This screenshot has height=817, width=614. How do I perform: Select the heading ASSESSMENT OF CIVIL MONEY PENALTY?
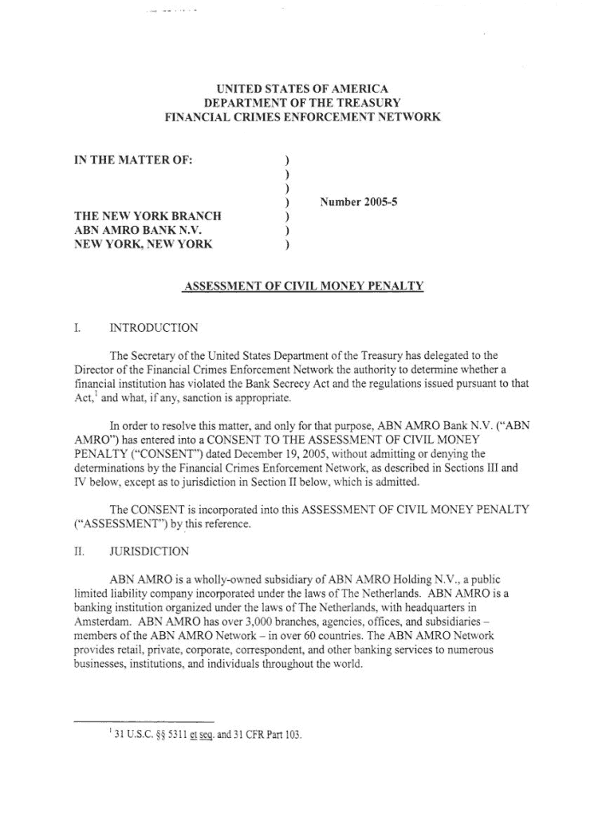[304, 286]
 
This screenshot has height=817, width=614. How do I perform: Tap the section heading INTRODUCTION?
[154, 328]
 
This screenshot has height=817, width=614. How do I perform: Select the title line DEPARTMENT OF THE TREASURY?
[302, 103]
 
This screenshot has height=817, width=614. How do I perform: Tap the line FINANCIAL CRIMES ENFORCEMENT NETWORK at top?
[302, 117]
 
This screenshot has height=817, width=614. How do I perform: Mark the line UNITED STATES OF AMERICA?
[302, 89]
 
